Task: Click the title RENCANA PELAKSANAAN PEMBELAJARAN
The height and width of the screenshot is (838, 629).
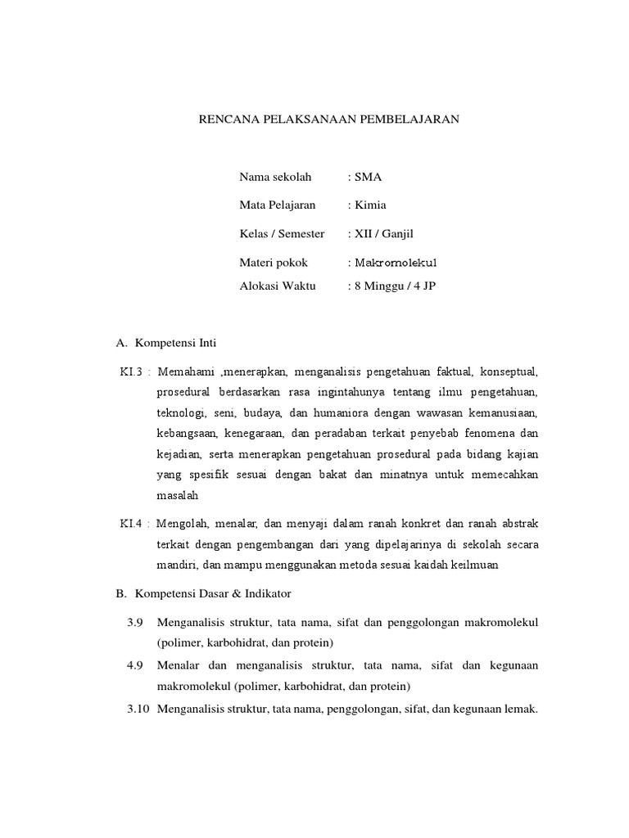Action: click(x=330, y=119)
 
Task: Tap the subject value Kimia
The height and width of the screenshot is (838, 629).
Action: click(x=370, y=205)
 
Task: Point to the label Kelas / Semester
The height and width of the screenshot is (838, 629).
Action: click(x=282, y=234)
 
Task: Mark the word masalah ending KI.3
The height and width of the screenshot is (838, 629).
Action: click(x=178, y=496)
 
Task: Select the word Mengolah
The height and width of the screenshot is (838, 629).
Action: click(x=182, y=523)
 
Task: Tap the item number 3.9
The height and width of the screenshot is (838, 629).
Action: click(x=136, y=623)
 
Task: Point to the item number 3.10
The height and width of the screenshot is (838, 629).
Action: click(x=138, y=710)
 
